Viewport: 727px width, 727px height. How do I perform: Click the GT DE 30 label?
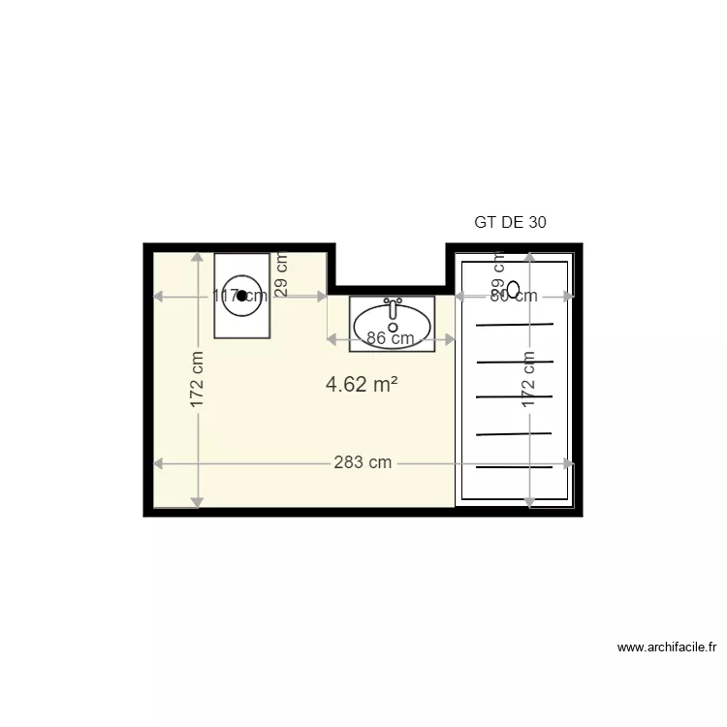coord(510,222)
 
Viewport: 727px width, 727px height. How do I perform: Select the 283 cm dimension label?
coord(363,462)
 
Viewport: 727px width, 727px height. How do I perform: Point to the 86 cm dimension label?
coord(391,338)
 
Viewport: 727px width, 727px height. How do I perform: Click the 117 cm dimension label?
coord(239,297)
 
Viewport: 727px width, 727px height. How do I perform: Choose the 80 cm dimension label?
coord(513,297)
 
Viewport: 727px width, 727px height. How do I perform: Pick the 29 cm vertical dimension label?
coord(282,274)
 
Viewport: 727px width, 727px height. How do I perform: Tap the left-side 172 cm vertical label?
coord(197,380)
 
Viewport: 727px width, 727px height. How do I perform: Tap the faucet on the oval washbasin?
coord(393,307)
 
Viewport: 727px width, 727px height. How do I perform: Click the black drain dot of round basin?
coord(241,296)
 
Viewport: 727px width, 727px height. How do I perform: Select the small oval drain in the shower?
coord(514,288)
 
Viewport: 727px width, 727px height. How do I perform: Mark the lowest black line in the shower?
coord(514,468)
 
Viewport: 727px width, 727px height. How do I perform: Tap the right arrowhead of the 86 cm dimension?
coord(450,339)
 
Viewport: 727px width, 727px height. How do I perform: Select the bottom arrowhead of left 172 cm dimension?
coord(197,502)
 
